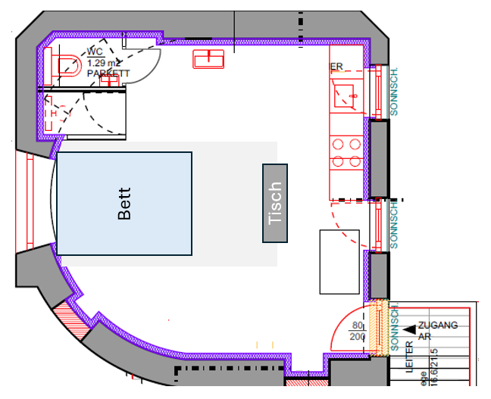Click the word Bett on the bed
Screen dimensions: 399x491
point(125,204)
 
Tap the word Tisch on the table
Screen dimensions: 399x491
point(276,204)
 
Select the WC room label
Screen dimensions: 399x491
point(95,51)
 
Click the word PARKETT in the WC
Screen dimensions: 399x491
point(108,73)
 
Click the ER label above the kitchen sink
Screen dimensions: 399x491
point(336,67)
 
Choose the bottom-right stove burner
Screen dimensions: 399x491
point(354,161)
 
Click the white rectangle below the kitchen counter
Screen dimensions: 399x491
point(339,261)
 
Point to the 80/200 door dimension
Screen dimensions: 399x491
point(358,331)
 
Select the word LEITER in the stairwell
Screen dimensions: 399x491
point(410,362)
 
